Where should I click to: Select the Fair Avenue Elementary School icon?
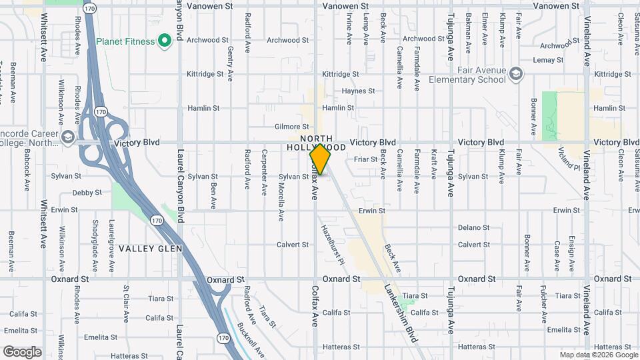coord(515,74)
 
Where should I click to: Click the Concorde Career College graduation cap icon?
coord(67,138)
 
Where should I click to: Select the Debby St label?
coord(87,193)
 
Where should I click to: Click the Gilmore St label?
coord(292,127)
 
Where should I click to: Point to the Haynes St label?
coord(359,91)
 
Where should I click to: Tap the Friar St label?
coord(365,159)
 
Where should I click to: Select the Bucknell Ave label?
coord(251,340)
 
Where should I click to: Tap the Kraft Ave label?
coord(433,164)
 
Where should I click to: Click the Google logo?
coord(23,351)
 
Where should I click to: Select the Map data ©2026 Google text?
coord(598,355)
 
